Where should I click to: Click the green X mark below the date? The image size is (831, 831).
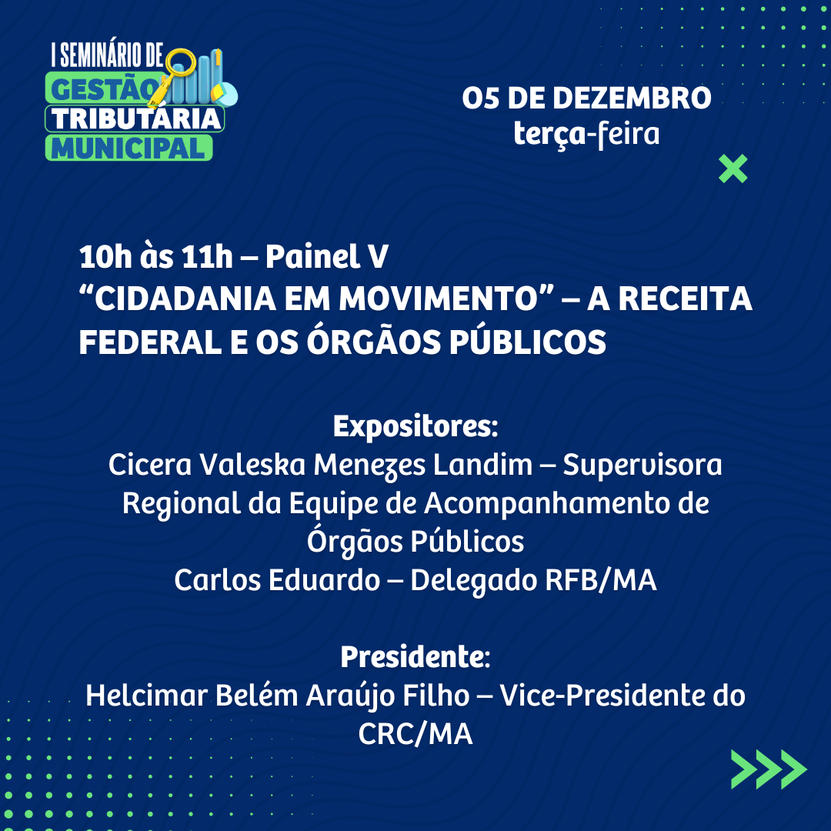[x=733, y=169]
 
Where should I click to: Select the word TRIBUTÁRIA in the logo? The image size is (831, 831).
[x=136, y=118]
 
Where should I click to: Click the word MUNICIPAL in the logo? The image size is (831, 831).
[x=128, y=148]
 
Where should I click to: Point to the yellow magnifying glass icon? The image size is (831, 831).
[x=175, y=73]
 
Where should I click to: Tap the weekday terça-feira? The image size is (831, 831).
[x=586, y=134]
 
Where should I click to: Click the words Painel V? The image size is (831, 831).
[x=327, y=256]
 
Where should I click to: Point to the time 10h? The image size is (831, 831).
[x=105, y=257]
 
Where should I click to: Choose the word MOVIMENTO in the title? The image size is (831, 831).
[x=439, y=299]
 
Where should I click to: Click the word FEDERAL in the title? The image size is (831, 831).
[x=151, y=342]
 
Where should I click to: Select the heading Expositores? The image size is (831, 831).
[x=415, y=426]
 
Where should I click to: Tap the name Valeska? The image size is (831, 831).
[x=253, y=465]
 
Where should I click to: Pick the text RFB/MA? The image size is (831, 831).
[x=601, y=580]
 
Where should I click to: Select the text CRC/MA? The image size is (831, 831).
[x=415, y=734]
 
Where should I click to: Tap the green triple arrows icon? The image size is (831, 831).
[x=769, y=769]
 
